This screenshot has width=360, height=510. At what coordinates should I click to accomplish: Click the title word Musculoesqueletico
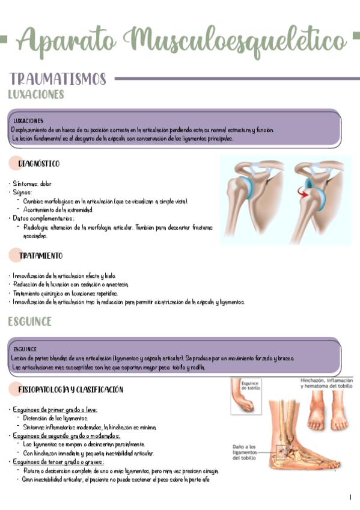[236, 40]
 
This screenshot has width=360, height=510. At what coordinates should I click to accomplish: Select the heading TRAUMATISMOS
[58, 79]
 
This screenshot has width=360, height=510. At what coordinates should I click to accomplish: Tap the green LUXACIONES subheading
[35, 94]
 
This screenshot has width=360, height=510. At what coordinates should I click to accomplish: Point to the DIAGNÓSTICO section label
[38, 164]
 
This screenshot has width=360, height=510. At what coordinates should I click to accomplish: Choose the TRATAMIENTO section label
[40, 256]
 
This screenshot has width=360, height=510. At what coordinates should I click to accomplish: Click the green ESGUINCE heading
[29, 321]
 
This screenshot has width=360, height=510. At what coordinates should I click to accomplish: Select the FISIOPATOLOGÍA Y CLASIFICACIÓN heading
[70, 390]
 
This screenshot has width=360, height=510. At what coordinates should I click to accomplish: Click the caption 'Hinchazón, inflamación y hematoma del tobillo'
[326, 384]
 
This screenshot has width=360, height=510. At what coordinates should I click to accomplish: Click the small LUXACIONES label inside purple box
[28, 121]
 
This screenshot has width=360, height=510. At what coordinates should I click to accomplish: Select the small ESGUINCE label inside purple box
[25, 349]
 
